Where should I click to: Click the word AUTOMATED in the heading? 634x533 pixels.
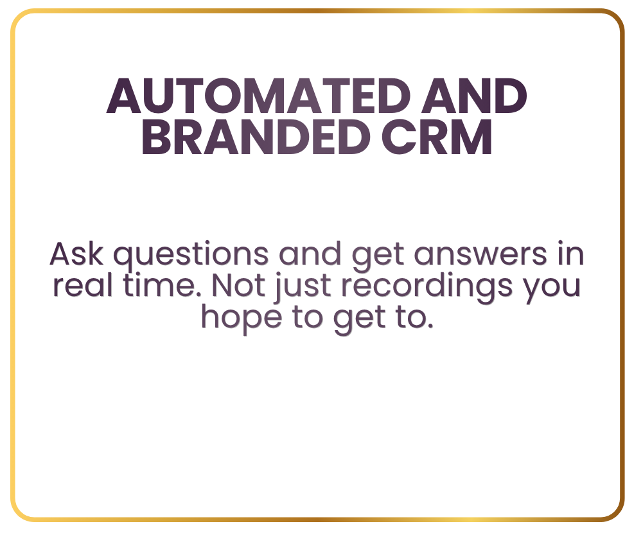tap(259, 96)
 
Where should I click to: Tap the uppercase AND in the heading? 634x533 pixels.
tap(474, 96)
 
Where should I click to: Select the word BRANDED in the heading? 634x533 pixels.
tap(256, 137)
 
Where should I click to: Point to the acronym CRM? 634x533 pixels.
tap(437, 137)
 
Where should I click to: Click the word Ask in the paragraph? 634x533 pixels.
tap(76, 254)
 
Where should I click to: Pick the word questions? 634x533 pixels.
tap(191, 256)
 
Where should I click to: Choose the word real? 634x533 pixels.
tap(82, 285)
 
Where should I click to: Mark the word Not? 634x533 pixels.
tap(238, 286)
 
